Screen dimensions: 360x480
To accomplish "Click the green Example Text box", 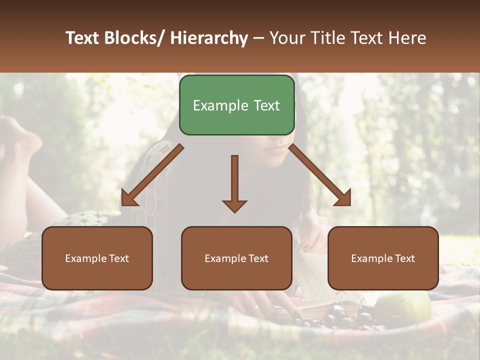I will pyautogui.click(x=236, y=105).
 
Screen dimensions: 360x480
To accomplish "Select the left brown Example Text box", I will pyautogui.click(x=97, y=258).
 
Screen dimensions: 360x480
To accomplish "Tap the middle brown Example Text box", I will pyautogui.click(x=236, y=258).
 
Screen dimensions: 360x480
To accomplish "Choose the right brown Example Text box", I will pyautogui.click(x=383, y=258).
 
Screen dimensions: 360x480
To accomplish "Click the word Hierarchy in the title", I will pyautogui.click(x=209, y=38).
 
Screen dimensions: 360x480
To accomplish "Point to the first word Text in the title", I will pyautogui.click(x=83, y=38).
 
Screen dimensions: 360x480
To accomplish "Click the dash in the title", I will pyautogui.click(x=259, y=38).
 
